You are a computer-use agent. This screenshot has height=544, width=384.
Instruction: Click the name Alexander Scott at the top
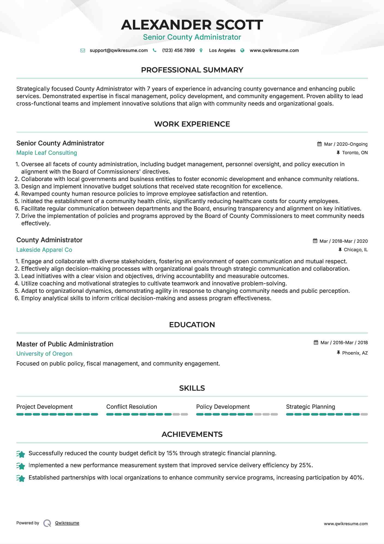(192, 25)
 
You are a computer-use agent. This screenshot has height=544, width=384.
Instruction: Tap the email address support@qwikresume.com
(118, 50)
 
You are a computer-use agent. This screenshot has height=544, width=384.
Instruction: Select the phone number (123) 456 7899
(178, 50)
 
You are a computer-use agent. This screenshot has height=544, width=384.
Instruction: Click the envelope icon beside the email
(83, 51)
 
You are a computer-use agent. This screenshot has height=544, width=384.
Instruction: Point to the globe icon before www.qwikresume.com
(242, 51)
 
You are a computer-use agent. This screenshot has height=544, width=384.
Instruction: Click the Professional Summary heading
(192, 70)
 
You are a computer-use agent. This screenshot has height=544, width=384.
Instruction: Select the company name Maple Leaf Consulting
(47, 153)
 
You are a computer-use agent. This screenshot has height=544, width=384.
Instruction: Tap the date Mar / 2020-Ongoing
(346, 144)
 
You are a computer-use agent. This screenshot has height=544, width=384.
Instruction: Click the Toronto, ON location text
(355, 153)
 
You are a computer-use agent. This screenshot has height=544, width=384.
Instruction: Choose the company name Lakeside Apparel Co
(44, 250)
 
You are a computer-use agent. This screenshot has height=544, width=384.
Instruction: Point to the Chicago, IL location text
(356, 250)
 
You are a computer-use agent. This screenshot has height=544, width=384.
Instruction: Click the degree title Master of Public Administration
(65, 344)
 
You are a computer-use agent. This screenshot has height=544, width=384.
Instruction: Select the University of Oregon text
(44, 354)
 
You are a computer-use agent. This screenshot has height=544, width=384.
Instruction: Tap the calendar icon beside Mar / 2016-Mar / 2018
(316, 343)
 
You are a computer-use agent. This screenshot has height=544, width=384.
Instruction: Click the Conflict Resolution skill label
(132, 407)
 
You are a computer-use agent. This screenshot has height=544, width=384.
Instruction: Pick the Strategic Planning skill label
(310, 407)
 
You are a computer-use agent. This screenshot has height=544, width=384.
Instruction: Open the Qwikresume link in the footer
(67, 523)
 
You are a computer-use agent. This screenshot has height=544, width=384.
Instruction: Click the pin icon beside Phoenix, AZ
(338, 353)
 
